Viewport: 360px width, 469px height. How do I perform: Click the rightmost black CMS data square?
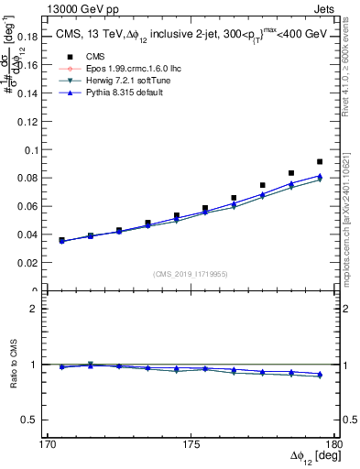click(x=320, y=162)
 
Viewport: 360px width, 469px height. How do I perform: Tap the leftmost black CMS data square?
click(x=61, y=240)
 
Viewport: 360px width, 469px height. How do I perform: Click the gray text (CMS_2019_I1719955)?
click(x=190, y=273)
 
